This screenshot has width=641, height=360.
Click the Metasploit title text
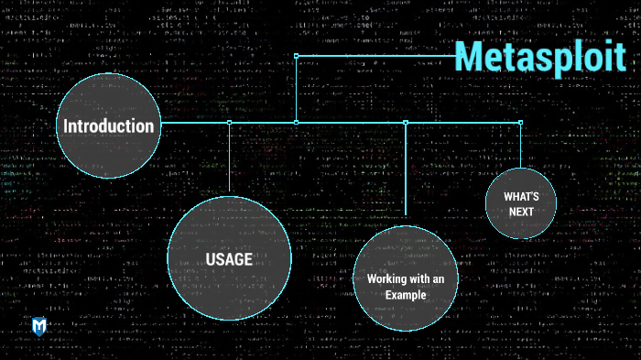click(x=540, y=57)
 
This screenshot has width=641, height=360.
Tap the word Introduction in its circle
click(x=108, y=126)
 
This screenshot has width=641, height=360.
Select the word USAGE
click(x=229, y=260)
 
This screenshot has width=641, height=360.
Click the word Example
click(x=406, y=294)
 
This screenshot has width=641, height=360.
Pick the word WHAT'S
click(x=520, y=196)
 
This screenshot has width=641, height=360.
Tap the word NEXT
click(x=520, y=212)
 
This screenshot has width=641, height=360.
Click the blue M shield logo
click(x=39, y=326)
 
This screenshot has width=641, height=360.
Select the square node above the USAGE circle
click(x=229, y=122)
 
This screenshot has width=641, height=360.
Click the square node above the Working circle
click(x=406, y=122)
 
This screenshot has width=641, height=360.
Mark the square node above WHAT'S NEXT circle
click(x=520, y=122)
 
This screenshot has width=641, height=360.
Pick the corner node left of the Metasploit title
click(x=296, y=56)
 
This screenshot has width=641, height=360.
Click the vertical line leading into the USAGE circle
click(x=229, y=160)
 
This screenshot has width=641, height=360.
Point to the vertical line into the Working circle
click(x=406, y=174)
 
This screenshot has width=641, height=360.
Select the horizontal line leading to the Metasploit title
click(x=375, y=56)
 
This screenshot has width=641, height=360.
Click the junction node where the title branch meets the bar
click(x=296, y=122)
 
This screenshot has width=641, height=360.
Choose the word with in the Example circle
click(x=422, y=278)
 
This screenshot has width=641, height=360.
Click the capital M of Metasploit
click(x=470, y=57)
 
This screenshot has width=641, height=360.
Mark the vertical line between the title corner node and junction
click(x=296, y=89)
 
